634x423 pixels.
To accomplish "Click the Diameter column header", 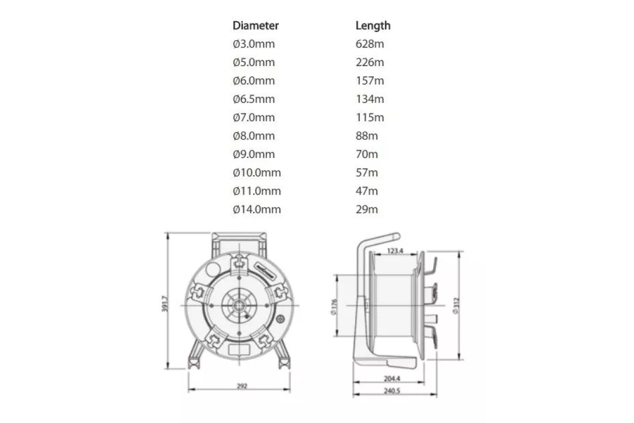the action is click(256, 25).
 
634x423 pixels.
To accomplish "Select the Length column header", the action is click(373, 25).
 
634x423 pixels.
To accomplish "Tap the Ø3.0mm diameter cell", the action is click(254, 44).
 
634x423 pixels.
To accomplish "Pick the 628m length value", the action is click(370, 44).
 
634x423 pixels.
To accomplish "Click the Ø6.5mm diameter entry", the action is click(254, 99).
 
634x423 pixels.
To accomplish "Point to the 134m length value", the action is click(370, 99).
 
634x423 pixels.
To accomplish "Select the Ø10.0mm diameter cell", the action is click(257, 172).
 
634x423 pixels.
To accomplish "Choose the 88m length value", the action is click(367, 136).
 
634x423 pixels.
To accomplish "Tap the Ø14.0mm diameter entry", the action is click(257, 209).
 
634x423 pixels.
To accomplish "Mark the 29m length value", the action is click(367, 209).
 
